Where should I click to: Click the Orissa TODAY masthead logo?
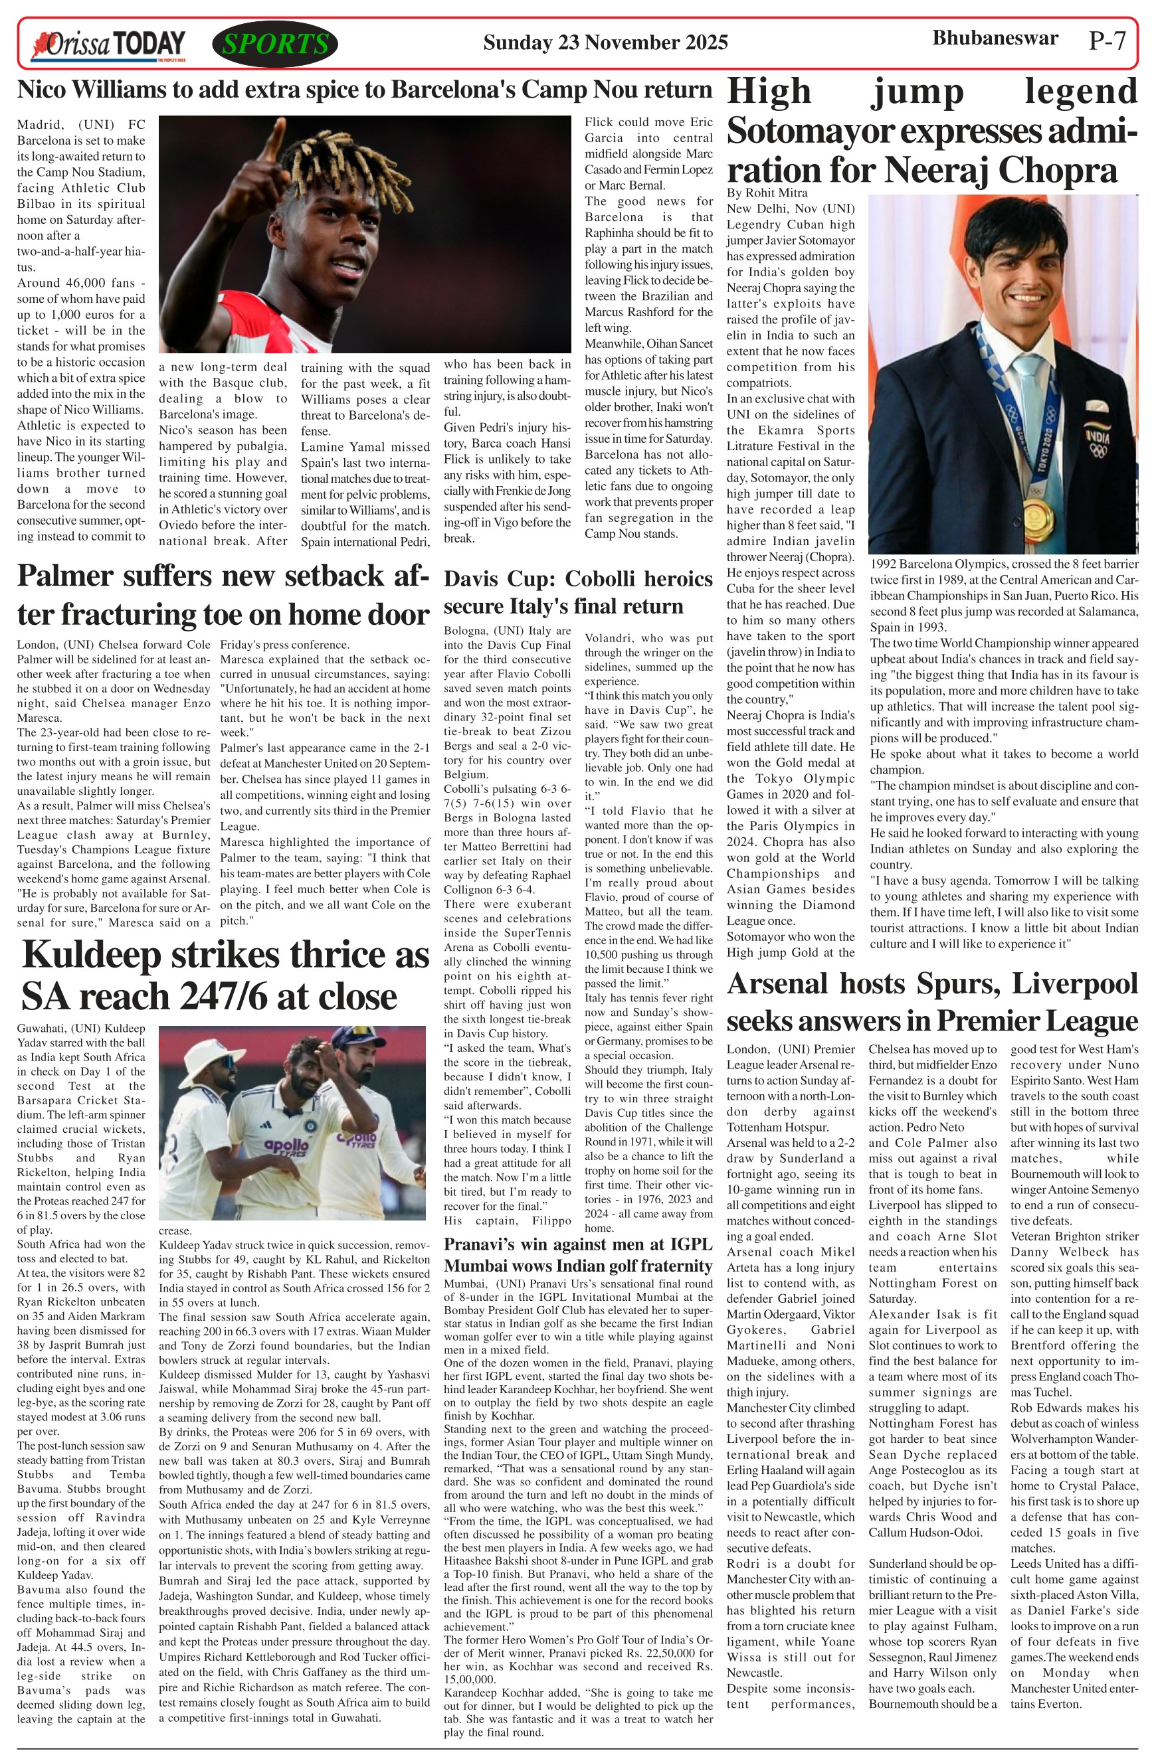[108, 45]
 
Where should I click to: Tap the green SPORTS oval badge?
[275, 44]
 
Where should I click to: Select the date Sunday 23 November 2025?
[605, 43]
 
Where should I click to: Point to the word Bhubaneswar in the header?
[995, 39]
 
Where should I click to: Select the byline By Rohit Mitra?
[766, 193]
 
